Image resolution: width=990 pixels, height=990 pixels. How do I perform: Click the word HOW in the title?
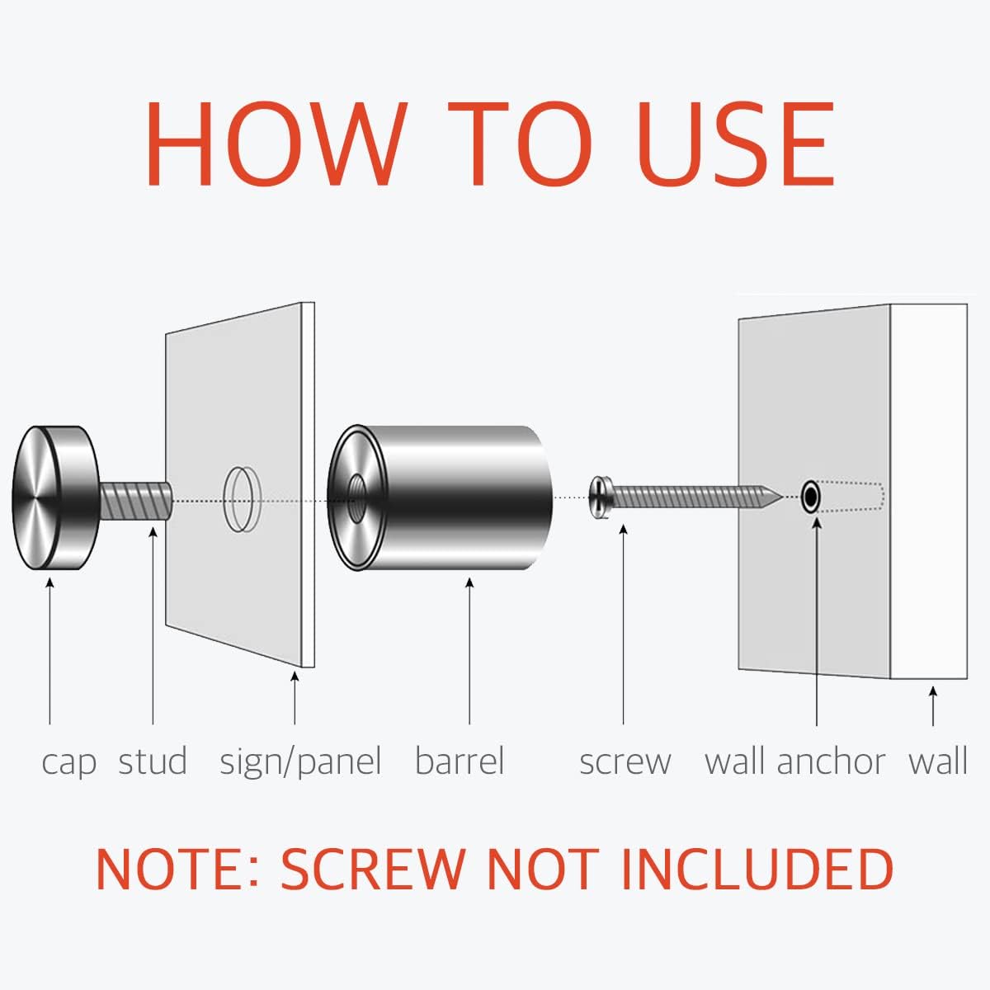click(x=276, y=144)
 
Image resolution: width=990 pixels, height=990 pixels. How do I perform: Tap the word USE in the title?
click(x=736, y=144)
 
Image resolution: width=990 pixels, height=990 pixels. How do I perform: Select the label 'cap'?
click(x=68, y=763)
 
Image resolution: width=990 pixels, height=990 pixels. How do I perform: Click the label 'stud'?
click(x=153, y=761)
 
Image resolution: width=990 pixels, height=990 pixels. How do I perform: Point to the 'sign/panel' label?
click(x=300, y=762)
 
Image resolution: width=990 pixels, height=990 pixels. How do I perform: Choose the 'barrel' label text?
click(x=460, y=761)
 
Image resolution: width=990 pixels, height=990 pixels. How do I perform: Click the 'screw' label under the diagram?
click(x=625, y=763)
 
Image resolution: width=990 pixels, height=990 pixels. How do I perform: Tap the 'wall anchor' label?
click(x=795, y=761)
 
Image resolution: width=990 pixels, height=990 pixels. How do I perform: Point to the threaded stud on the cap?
click(x=135, y=501)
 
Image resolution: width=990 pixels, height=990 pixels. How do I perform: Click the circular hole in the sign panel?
click(x=242, y=499)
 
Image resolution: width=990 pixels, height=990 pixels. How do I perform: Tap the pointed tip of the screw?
click(x=782, y=497)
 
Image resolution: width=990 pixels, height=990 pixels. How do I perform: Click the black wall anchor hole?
click(x=811, y=497)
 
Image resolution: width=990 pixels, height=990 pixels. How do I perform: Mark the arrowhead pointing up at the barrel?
click(x=469, y=582)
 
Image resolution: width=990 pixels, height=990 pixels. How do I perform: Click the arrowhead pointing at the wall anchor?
click(x=817, y=523)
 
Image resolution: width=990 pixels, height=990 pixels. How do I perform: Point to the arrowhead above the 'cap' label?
click(x=49, y=582)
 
